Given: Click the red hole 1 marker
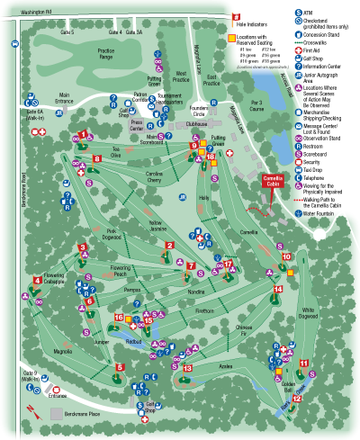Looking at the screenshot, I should click(x=83, y=134).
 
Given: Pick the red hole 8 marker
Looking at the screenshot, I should click(x=96, y=159).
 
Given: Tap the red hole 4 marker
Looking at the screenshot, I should click(x=37, y=280).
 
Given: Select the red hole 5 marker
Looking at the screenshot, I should click(x=120, y=366).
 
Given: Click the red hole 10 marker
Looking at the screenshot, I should click(x=286, y=256).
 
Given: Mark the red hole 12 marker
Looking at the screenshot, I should click(x=296, y=398).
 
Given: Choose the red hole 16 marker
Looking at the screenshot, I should click(x=118, y=317).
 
